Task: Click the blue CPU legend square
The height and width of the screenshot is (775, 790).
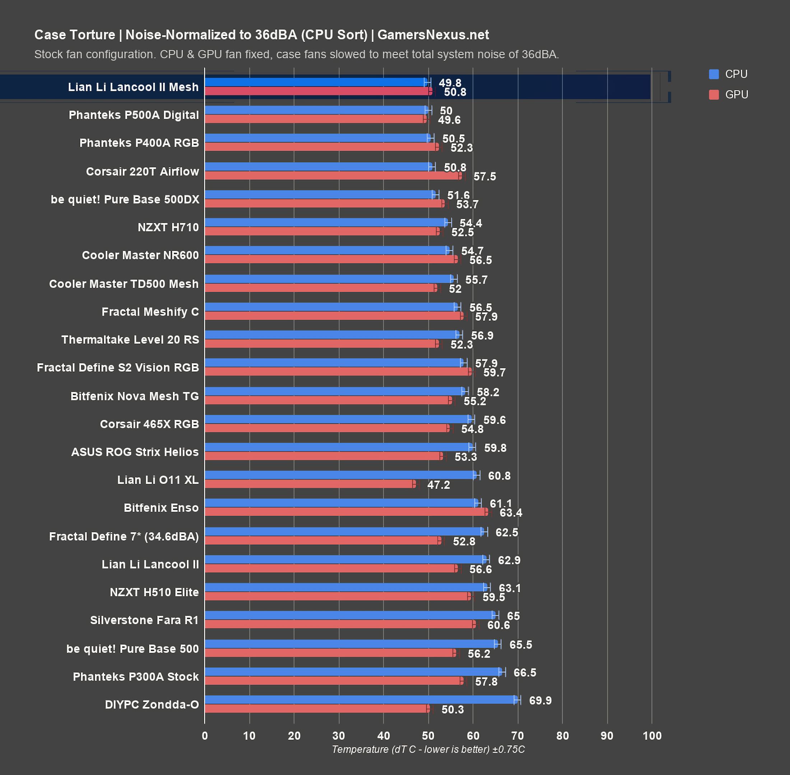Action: [714, 74]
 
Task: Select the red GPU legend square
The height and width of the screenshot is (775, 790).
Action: [714, 95]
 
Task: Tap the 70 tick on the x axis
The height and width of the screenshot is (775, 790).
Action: [517, 736]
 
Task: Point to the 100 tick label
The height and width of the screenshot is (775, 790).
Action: [652, 736]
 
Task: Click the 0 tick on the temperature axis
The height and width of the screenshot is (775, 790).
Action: [205, 736]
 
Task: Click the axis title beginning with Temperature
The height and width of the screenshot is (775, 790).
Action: [428, 750]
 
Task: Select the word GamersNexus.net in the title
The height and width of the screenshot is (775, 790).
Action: [433, 35]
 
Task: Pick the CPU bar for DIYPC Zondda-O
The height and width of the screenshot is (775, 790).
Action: [361, 699]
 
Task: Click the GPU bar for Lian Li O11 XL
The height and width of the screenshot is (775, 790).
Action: [310, 484]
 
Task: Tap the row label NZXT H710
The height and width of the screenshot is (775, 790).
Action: [168, 227]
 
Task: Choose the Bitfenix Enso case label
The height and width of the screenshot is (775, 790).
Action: [161, 508]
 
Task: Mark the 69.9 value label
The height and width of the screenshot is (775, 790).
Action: [540, 700]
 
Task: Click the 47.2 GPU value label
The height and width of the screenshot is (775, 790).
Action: [438, 485]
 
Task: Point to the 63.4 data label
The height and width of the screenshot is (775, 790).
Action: [511, 513]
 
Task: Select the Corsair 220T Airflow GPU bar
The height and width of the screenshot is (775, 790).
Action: [333, 176]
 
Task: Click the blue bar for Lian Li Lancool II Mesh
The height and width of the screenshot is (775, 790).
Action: [316, 82]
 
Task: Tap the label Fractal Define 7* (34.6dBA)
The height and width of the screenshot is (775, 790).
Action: [124, 536]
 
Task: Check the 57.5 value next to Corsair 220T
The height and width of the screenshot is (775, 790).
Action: [484, 177]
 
